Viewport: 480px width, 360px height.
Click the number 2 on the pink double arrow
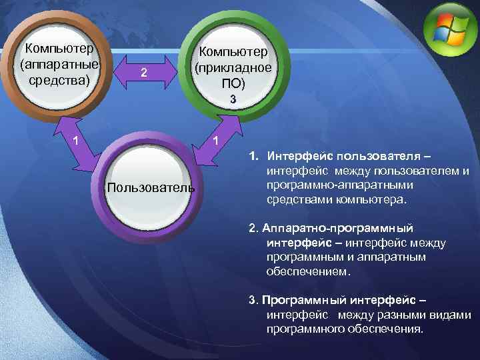[x=141, y=73]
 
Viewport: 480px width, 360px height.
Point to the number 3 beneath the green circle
[x=233, y=99]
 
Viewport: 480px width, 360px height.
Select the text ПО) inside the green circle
[x=233, y=83]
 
